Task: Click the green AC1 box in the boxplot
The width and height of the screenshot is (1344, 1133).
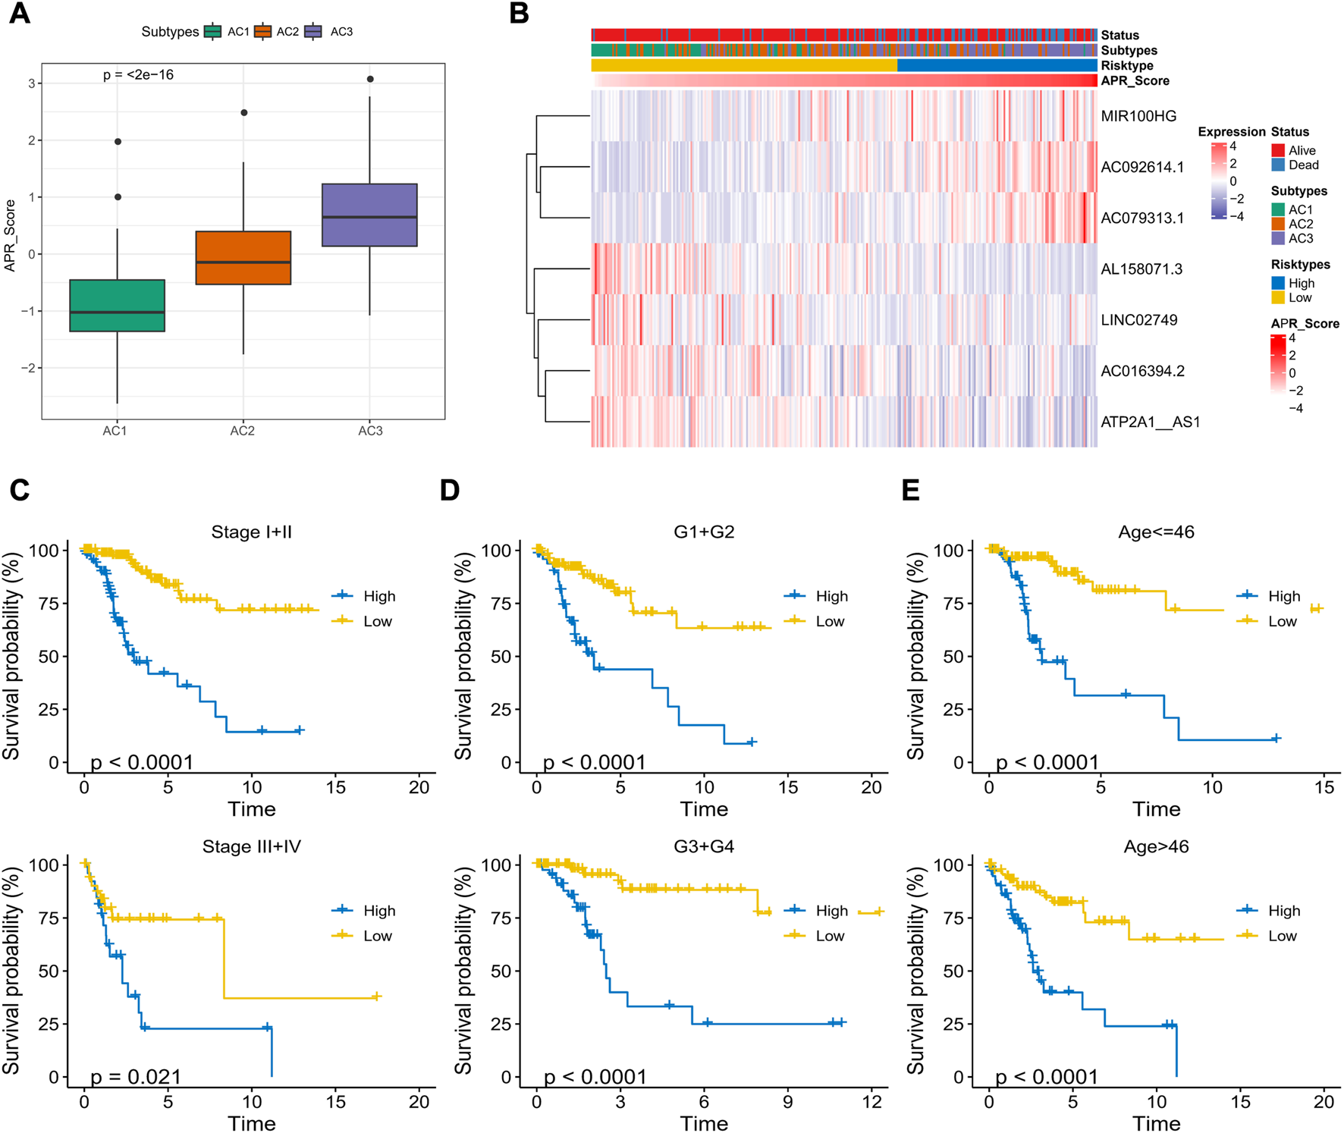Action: click(x=117, y=306)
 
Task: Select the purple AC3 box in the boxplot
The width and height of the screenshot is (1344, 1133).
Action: click(x=369, y=215)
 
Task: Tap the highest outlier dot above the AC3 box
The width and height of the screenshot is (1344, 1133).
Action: click(x=369, y=79)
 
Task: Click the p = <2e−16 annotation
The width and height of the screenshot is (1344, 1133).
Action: click(x=138, y=75)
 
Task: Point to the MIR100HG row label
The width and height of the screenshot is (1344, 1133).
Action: click(x=1138, y=116)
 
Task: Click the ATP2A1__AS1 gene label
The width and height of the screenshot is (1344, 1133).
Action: click(x=1150, y=422)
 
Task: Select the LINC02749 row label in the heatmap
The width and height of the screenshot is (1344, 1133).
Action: click(x=1139, y=320)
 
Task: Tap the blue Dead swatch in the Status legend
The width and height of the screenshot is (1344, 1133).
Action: click(x=1278, y=165)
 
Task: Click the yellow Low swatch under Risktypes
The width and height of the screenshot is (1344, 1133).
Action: click(x=1278, y=297)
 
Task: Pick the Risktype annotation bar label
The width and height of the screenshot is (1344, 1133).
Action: click(x=1127, y=66)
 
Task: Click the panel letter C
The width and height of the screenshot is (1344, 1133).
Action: click(x=20, y=490)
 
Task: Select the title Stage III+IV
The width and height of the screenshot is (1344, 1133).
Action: click(x=252, y=846)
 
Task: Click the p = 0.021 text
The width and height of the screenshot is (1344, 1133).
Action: click(x=136, y=1077)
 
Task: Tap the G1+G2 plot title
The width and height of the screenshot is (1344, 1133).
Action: click(x=704, y=532)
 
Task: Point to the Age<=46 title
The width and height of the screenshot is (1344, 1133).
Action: click(x=1156, y=532)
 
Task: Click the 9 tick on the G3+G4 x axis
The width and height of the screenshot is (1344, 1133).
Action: click(x=788, y=1101)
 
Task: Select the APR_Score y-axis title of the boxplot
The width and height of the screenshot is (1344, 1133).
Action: click(x=10, y=235)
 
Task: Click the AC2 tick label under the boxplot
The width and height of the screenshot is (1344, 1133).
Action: click(x=243, y=431)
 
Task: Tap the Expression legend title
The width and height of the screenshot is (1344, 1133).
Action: click(x=1232, y=132)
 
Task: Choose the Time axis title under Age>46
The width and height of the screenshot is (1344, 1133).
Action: click(x=1156, y=1123)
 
